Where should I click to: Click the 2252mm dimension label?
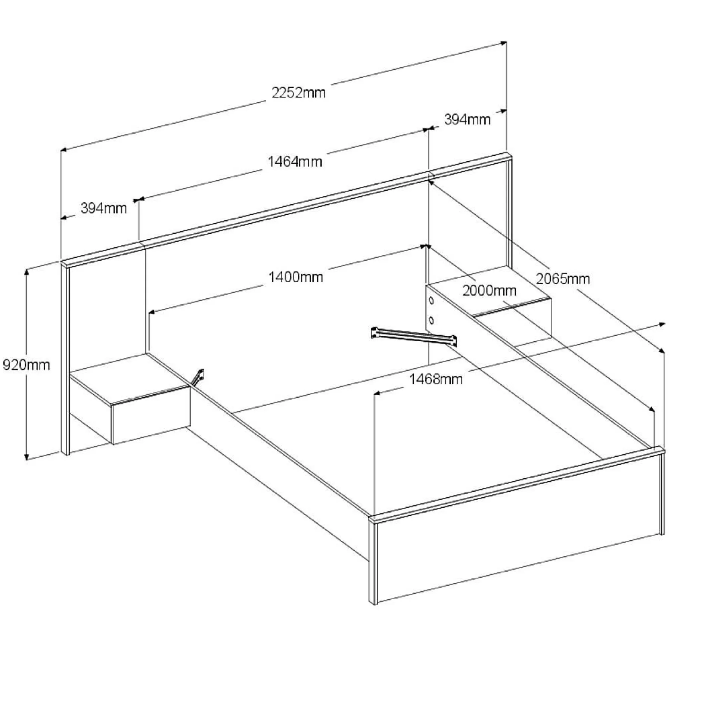(x=298, y=92)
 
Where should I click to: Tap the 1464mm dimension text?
(x=295, y=161)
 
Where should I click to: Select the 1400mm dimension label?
(x=296, y=277)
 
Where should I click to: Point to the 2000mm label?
(x=489, y=291)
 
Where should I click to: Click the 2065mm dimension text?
(x=563, y=279)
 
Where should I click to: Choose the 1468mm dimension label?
(x=436, y=379)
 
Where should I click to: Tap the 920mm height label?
(x=26, y=365)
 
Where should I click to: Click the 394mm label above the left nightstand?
(x=104, y=208)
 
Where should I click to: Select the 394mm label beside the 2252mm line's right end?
(x=467, y=119)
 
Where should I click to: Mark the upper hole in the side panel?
(x=431, y=300)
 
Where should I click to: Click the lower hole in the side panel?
(x=431, y=320)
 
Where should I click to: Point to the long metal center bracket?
(x=414, y=336)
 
